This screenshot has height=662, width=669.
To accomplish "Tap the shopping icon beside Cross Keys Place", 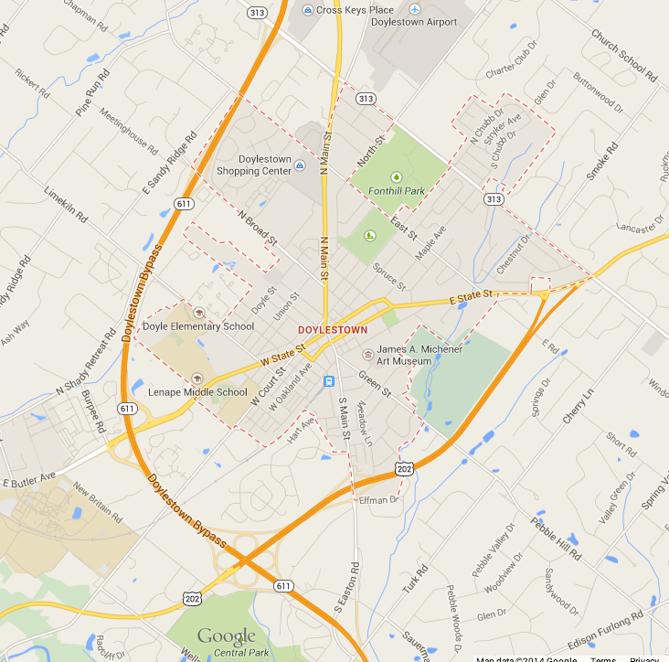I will click(308, 10).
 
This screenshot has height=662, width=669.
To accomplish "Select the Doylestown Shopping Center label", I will click(254, 165).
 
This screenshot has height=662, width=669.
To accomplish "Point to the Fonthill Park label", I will click(396, 191).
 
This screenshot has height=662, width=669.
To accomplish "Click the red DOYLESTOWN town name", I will click(333, 329).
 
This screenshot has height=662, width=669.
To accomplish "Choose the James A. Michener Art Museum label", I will click(419, 355).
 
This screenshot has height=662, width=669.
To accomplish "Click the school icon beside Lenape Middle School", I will click(196, 378).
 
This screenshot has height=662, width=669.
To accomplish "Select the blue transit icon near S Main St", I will click(330, 381).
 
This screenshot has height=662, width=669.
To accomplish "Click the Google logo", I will click(227, 636).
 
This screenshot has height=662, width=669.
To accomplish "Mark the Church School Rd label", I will click(624, 56).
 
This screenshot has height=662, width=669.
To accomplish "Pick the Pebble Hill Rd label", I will click(555, 539).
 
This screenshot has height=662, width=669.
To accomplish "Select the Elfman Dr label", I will click(378, 500).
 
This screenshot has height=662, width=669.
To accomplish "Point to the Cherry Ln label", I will click(579, 405).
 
